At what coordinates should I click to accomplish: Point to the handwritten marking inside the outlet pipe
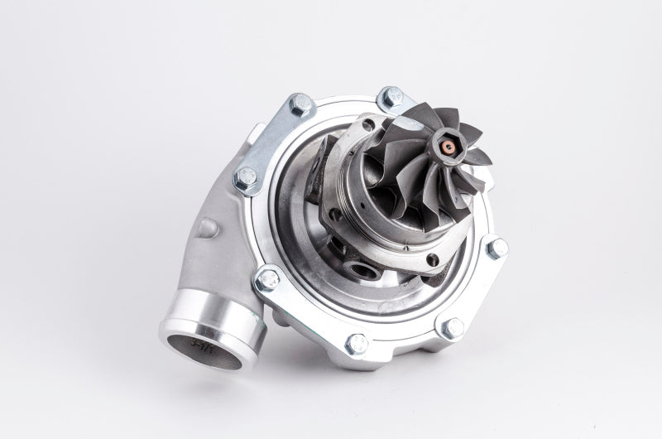[x=199, y=342]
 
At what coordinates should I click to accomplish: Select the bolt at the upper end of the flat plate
[x=300, y=104]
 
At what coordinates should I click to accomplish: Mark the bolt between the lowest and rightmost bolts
[x=452, y=327]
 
